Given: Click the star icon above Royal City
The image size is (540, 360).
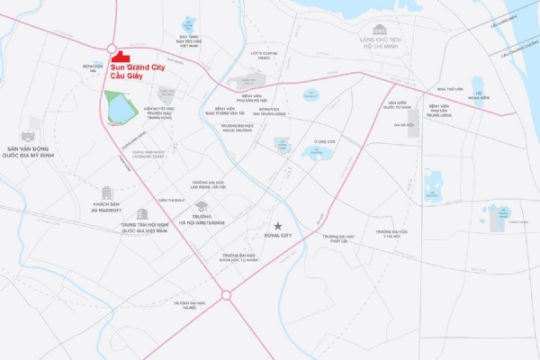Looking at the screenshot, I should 279,224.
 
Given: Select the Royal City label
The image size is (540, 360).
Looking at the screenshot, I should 279,235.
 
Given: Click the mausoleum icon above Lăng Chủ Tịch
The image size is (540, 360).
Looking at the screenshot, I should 379,29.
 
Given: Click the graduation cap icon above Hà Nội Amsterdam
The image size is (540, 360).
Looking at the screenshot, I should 202,206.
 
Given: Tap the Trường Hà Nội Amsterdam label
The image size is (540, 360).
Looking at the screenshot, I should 202,220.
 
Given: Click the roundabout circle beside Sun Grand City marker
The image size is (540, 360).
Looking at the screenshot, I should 112,49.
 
